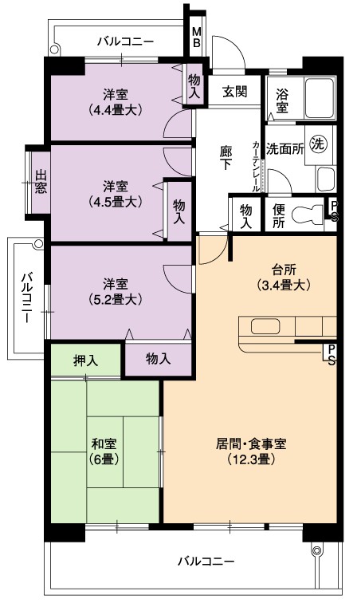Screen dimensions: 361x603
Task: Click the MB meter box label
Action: point(196,37)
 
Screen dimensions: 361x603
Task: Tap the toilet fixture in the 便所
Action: point(308,214)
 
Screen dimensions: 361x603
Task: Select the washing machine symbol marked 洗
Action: point(319,144)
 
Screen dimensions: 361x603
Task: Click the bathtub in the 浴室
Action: point(320,98)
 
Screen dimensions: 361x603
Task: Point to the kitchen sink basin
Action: point(265,326)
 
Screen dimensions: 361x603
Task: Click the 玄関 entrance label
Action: point(234,92)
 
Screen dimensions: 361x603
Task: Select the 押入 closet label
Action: point(85,361)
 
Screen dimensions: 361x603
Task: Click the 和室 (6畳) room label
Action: point(104,451)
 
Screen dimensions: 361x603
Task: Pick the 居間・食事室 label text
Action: point(251,443)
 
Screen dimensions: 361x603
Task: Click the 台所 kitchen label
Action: point(284,270)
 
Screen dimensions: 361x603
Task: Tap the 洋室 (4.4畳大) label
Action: point(116,102)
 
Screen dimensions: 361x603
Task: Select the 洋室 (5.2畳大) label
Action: point(116,292)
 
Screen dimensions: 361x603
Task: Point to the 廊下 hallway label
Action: point(226,158)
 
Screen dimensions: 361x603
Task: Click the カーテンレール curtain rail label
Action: point(256,167)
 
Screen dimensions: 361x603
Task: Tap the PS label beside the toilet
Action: point(334,211)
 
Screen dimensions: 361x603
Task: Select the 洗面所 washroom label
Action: point(284,149)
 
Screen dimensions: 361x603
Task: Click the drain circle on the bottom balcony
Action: point(316,550)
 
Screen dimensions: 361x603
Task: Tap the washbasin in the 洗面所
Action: point(326,179)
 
